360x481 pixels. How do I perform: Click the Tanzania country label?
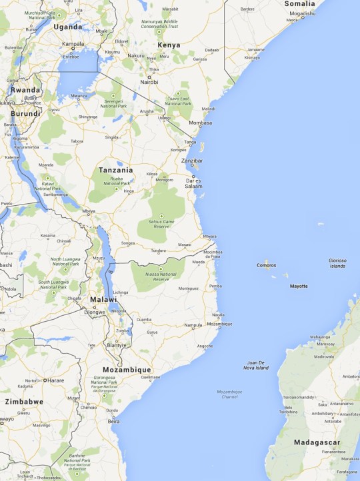pyautogui.click(x=116, y=170)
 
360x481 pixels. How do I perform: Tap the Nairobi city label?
pyautogui.click(x=148, y=82)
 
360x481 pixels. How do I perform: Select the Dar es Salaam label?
pyautogui.click(x=193, y=182)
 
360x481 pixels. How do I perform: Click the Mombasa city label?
pyautogui.click(x=201, y=123)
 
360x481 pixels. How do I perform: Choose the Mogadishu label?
pyautogui.click(x=301, y=13)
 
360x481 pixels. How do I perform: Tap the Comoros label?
pyautogui.click(x=266, y=265)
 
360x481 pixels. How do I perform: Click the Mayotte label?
pyautogui.click(x=299, y=286)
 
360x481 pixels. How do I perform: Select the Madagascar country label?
pyautogui.click(x=317, y=442)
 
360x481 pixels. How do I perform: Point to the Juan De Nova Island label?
pyautogui.click(x=256, y=365)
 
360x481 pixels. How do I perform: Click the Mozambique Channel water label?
pyautogui.click(x=229, y=394)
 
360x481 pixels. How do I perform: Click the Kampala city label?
pyautogui.click(x=73, y=44)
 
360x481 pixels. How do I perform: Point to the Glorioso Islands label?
pyautogui.click(x=337, y=262)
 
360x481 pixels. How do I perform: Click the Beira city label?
pyautogui.click(x=115, y=421)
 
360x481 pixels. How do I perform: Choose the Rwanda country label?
pyautogui.click(x=25, y=90)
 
